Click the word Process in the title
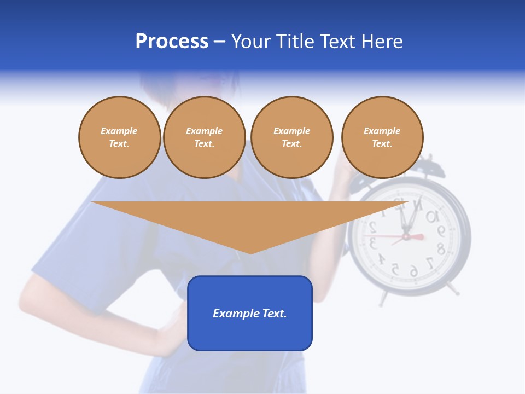coord(172,42)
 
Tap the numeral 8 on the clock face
coord(440,249)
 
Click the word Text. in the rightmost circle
coord(382,143)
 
